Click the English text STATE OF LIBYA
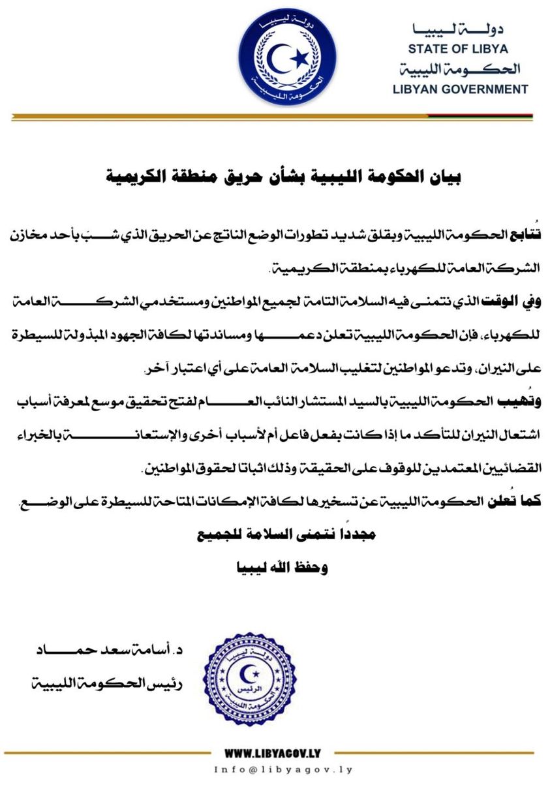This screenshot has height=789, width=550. [x=457, y=48]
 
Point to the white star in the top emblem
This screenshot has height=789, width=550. [x=299, y=59]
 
